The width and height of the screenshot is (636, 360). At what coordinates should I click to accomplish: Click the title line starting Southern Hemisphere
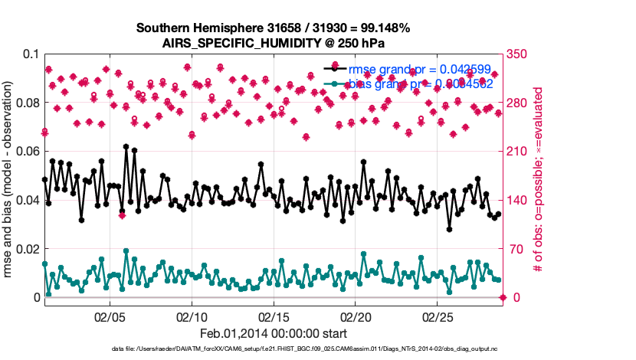pyautogui.click(x=273, y=28)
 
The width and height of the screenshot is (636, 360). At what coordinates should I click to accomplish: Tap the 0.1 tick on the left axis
pyautogui.click(x=30, y=54)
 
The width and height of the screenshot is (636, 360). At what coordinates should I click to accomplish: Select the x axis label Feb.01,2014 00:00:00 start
pyautogui.click(x=273, y=333)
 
